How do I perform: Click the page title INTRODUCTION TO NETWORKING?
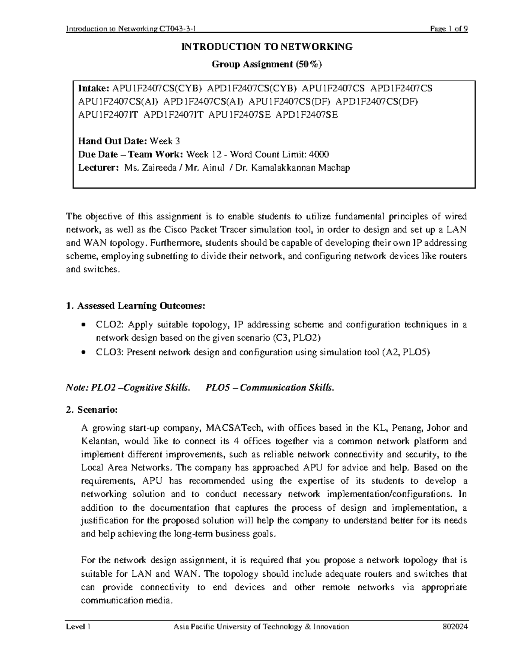click(x=267, y=47)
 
